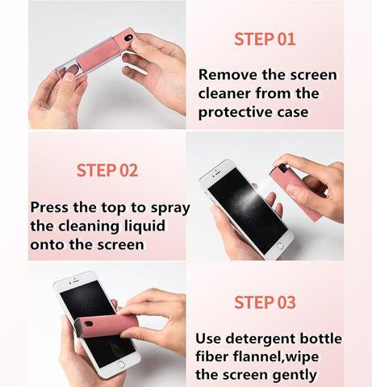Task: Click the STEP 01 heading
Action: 265,39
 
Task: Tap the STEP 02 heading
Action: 107,170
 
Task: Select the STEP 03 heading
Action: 265,302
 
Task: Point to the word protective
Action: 236,112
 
